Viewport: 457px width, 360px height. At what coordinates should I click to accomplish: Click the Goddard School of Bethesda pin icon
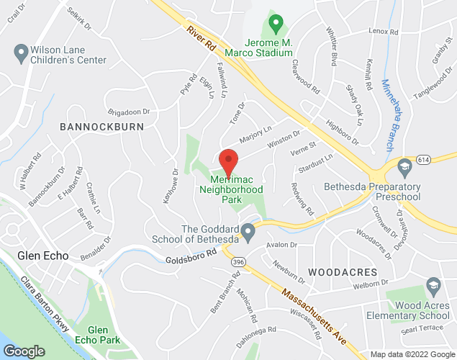[x=248, y=232]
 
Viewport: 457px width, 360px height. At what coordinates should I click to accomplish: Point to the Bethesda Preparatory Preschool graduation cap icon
[x=404, y=167]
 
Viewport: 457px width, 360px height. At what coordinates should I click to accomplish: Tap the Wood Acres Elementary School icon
[x=434, y=286]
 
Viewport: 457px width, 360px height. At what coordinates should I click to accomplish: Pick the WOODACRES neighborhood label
[x=343, y=273]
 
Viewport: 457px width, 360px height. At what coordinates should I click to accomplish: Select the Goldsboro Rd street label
[x=191, y=256]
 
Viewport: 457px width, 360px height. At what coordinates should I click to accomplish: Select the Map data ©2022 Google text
[x=412, y=354]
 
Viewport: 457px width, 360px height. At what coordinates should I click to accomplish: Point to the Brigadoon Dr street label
[x=128, y=112]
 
